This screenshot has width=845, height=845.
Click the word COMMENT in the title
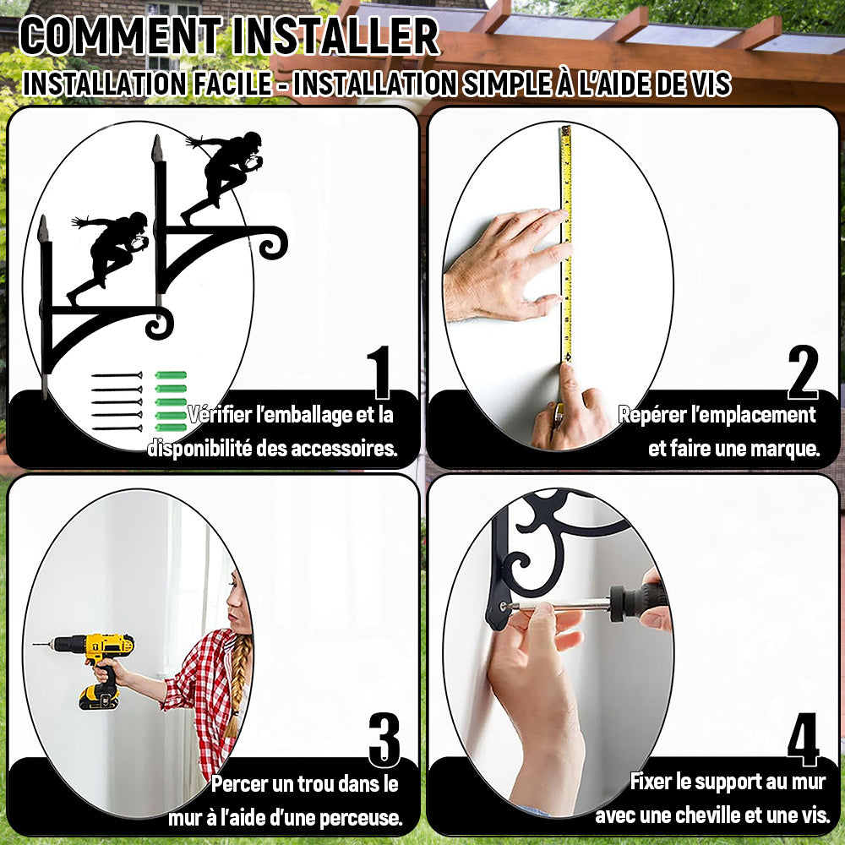(x=121, y=36)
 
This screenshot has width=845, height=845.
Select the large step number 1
(x=380, y=372)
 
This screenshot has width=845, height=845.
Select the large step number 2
(x=803, y=372)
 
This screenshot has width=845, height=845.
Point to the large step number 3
(x=384, y=739)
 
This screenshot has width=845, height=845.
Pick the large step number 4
(x=803, y=739)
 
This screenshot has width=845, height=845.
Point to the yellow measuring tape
(x=566, y=243)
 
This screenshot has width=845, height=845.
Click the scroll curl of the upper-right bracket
(x=273, y=243)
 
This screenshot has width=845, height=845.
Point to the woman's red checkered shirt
(x=202, y=695)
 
